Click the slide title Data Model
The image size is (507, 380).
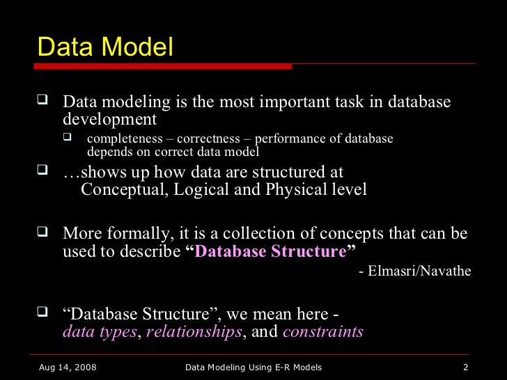(x=105, y=47)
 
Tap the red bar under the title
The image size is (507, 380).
(x=164, y=66)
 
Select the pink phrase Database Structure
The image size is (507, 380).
(x=270, y=251)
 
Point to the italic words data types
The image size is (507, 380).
(x=100, y=331)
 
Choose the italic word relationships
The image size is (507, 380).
(x=194, y=331)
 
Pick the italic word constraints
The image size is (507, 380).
(x=322, y=331)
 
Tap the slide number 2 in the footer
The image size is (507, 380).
(x=465, y=367)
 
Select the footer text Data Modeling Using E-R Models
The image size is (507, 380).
(x=253, y=367)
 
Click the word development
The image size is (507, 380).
(x=109, y=119)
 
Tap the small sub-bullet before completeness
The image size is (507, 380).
(x=68, y=136)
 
